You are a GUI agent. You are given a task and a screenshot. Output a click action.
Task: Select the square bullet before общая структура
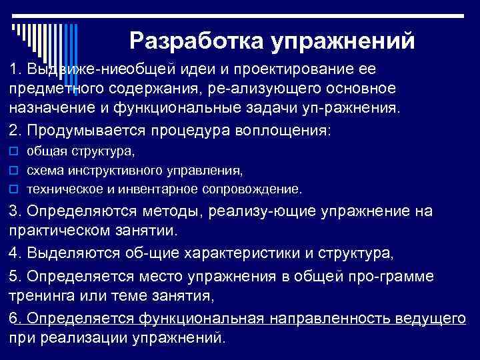click(13, 152)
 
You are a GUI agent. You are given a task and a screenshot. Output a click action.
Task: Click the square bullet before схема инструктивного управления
click(13, 171)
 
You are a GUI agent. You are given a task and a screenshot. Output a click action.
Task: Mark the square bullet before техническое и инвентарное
click(13, 189)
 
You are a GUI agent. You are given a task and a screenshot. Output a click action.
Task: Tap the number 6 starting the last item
click(14, 318)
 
